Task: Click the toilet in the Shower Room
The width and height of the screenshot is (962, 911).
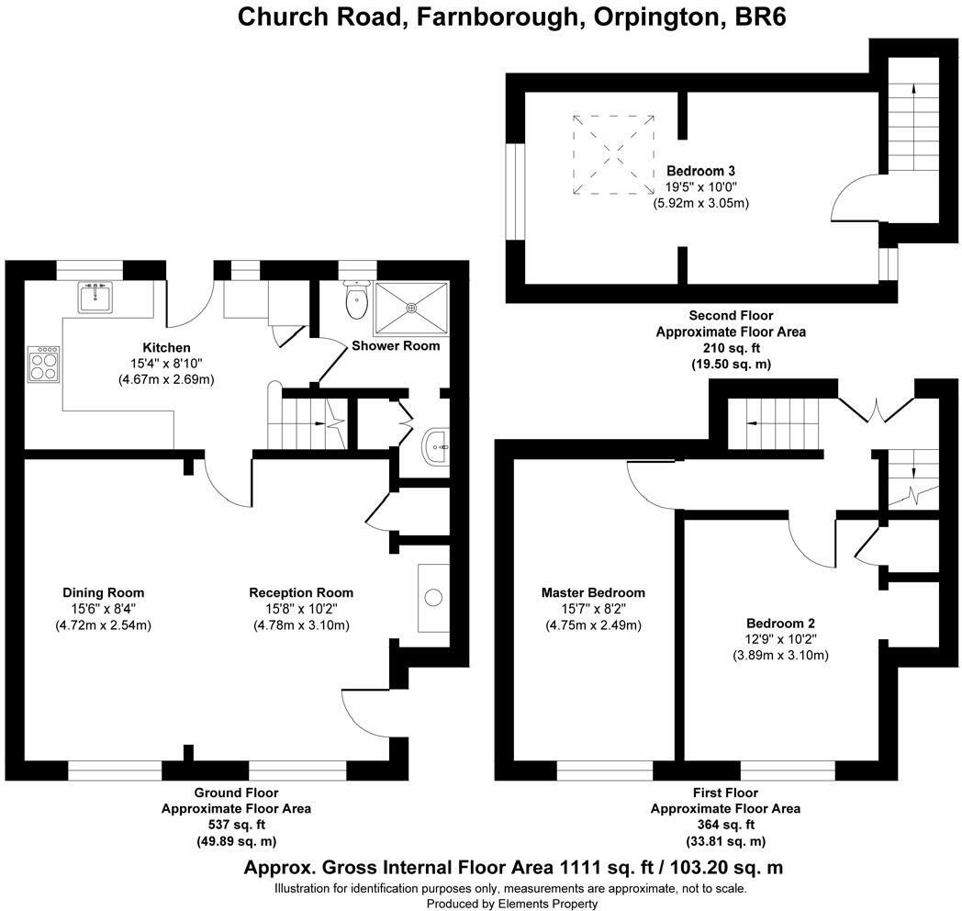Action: click(356, 300)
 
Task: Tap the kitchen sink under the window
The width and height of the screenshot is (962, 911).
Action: click(95, 298)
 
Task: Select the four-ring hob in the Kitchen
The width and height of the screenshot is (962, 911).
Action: click(43, 365)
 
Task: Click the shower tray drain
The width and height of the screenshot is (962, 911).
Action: click(411, 307)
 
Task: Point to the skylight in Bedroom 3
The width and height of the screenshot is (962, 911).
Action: click(613, 154)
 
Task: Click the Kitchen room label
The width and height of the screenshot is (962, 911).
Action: click(166, 347)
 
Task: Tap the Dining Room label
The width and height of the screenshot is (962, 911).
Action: click(104, 592)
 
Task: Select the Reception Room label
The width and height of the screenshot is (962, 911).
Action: click(301, 592)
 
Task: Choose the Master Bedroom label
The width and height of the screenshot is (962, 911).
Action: click(593, 592)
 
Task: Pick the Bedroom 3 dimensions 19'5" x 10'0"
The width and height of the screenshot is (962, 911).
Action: click(700, 186)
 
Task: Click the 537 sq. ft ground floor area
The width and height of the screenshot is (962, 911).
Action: click(236, 825)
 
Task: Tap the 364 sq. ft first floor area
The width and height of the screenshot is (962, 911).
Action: click(726, 825)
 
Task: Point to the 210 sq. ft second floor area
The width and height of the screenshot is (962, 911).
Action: click(731, 347)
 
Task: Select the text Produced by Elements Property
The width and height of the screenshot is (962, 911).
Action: click(511, 904)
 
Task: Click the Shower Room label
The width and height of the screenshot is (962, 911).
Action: click(396, 345)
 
